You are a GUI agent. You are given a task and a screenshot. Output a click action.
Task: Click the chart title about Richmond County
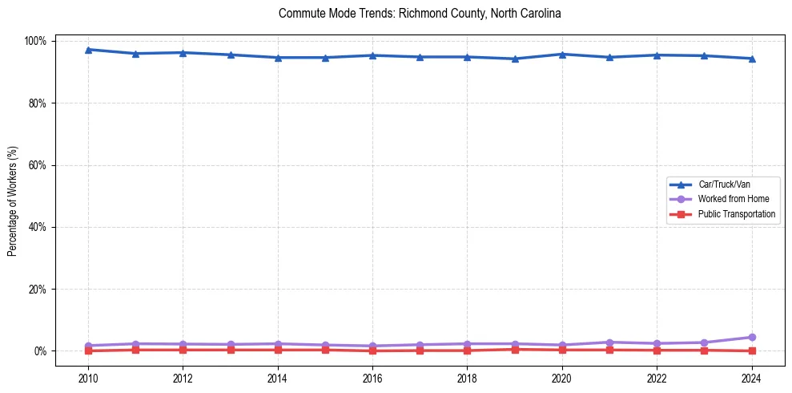pyautogui.click(x=420, y=14)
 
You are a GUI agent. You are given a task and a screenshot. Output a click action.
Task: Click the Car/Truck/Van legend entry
pyautogui.click(x=724, y=184)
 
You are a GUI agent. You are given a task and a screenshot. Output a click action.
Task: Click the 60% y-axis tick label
pyautogui.click(x=38, y=165)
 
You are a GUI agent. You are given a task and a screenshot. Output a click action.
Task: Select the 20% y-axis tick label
pyautogui.click(x=38, y=289)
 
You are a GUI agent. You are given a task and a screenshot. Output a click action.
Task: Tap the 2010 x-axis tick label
pyautogui.click(x=88, y=379)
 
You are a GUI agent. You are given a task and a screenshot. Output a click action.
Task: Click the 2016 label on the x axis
pyautogui.click(x=372, y=379)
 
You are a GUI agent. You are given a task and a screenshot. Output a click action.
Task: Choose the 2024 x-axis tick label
pyautogui.click(x=752, y=379)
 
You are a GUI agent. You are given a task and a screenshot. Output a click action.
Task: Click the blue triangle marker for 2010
pyautogui.click(x=88, y=50)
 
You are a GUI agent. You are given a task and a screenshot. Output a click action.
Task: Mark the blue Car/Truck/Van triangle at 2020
pyautogui.click(x=562, y=55)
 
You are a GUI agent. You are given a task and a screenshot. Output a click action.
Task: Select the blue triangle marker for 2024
pyautogui.click(x=752, y=59)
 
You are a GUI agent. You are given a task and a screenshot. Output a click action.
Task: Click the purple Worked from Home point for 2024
pyautogui.click(x=752, y=337)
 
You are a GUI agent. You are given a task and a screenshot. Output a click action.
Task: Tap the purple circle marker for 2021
pyautogui.click(x=609, y=342)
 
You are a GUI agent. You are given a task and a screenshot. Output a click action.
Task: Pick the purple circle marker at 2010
pyautogui.click(x=88, y=346)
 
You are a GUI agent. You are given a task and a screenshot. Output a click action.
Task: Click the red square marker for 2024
pyautogui.click(x=752, y=350)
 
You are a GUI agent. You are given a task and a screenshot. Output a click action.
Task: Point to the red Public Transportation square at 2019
pyautogui.click(x=515, y=349)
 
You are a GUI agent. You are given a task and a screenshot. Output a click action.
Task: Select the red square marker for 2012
pyautogui.click(x=183, y=350)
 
